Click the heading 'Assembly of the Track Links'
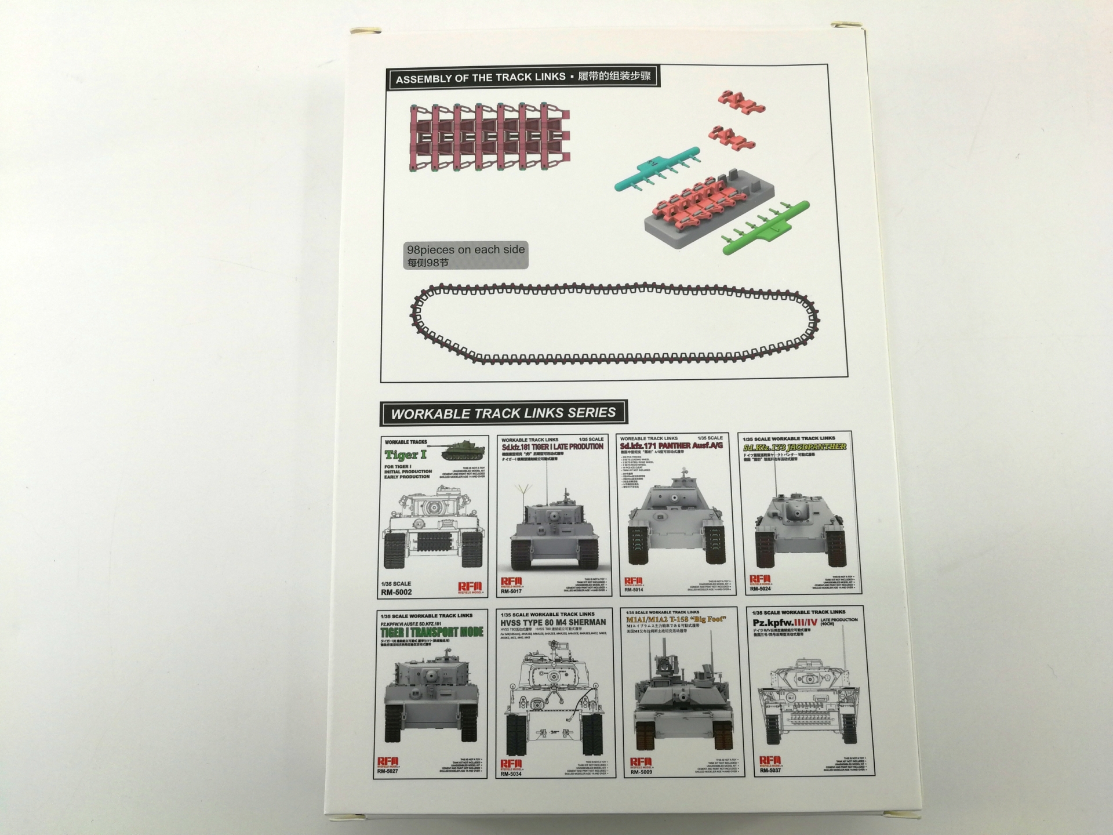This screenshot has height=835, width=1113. point(480,78)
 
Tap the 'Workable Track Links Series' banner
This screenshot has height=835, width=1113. point(503,413)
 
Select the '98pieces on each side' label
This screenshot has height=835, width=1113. point(465,250)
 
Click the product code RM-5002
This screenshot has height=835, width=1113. point(397,592)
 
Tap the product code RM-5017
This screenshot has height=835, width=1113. point(511,591)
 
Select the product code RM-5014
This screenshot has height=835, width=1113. point(634,590)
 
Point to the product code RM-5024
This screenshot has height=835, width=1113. point(760,589)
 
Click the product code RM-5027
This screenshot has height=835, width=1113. point(388,771)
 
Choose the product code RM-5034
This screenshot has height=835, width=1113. point(511,774)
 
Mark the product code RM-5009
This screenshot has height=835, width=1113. point(641,772)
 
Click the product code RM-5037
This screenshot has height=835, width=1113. point(770,771)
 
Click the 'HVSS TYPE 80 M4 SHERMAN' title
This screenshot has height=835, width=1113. point(552,622)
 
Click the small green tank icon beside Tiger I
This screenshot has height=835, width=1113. point(464,451)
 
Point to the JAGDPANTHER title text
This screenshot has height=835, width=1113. point(795,446)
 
